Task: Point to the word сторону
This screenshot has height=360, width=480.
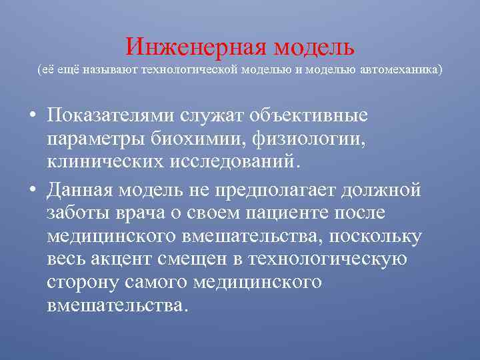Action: click(x=83, y=282)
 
